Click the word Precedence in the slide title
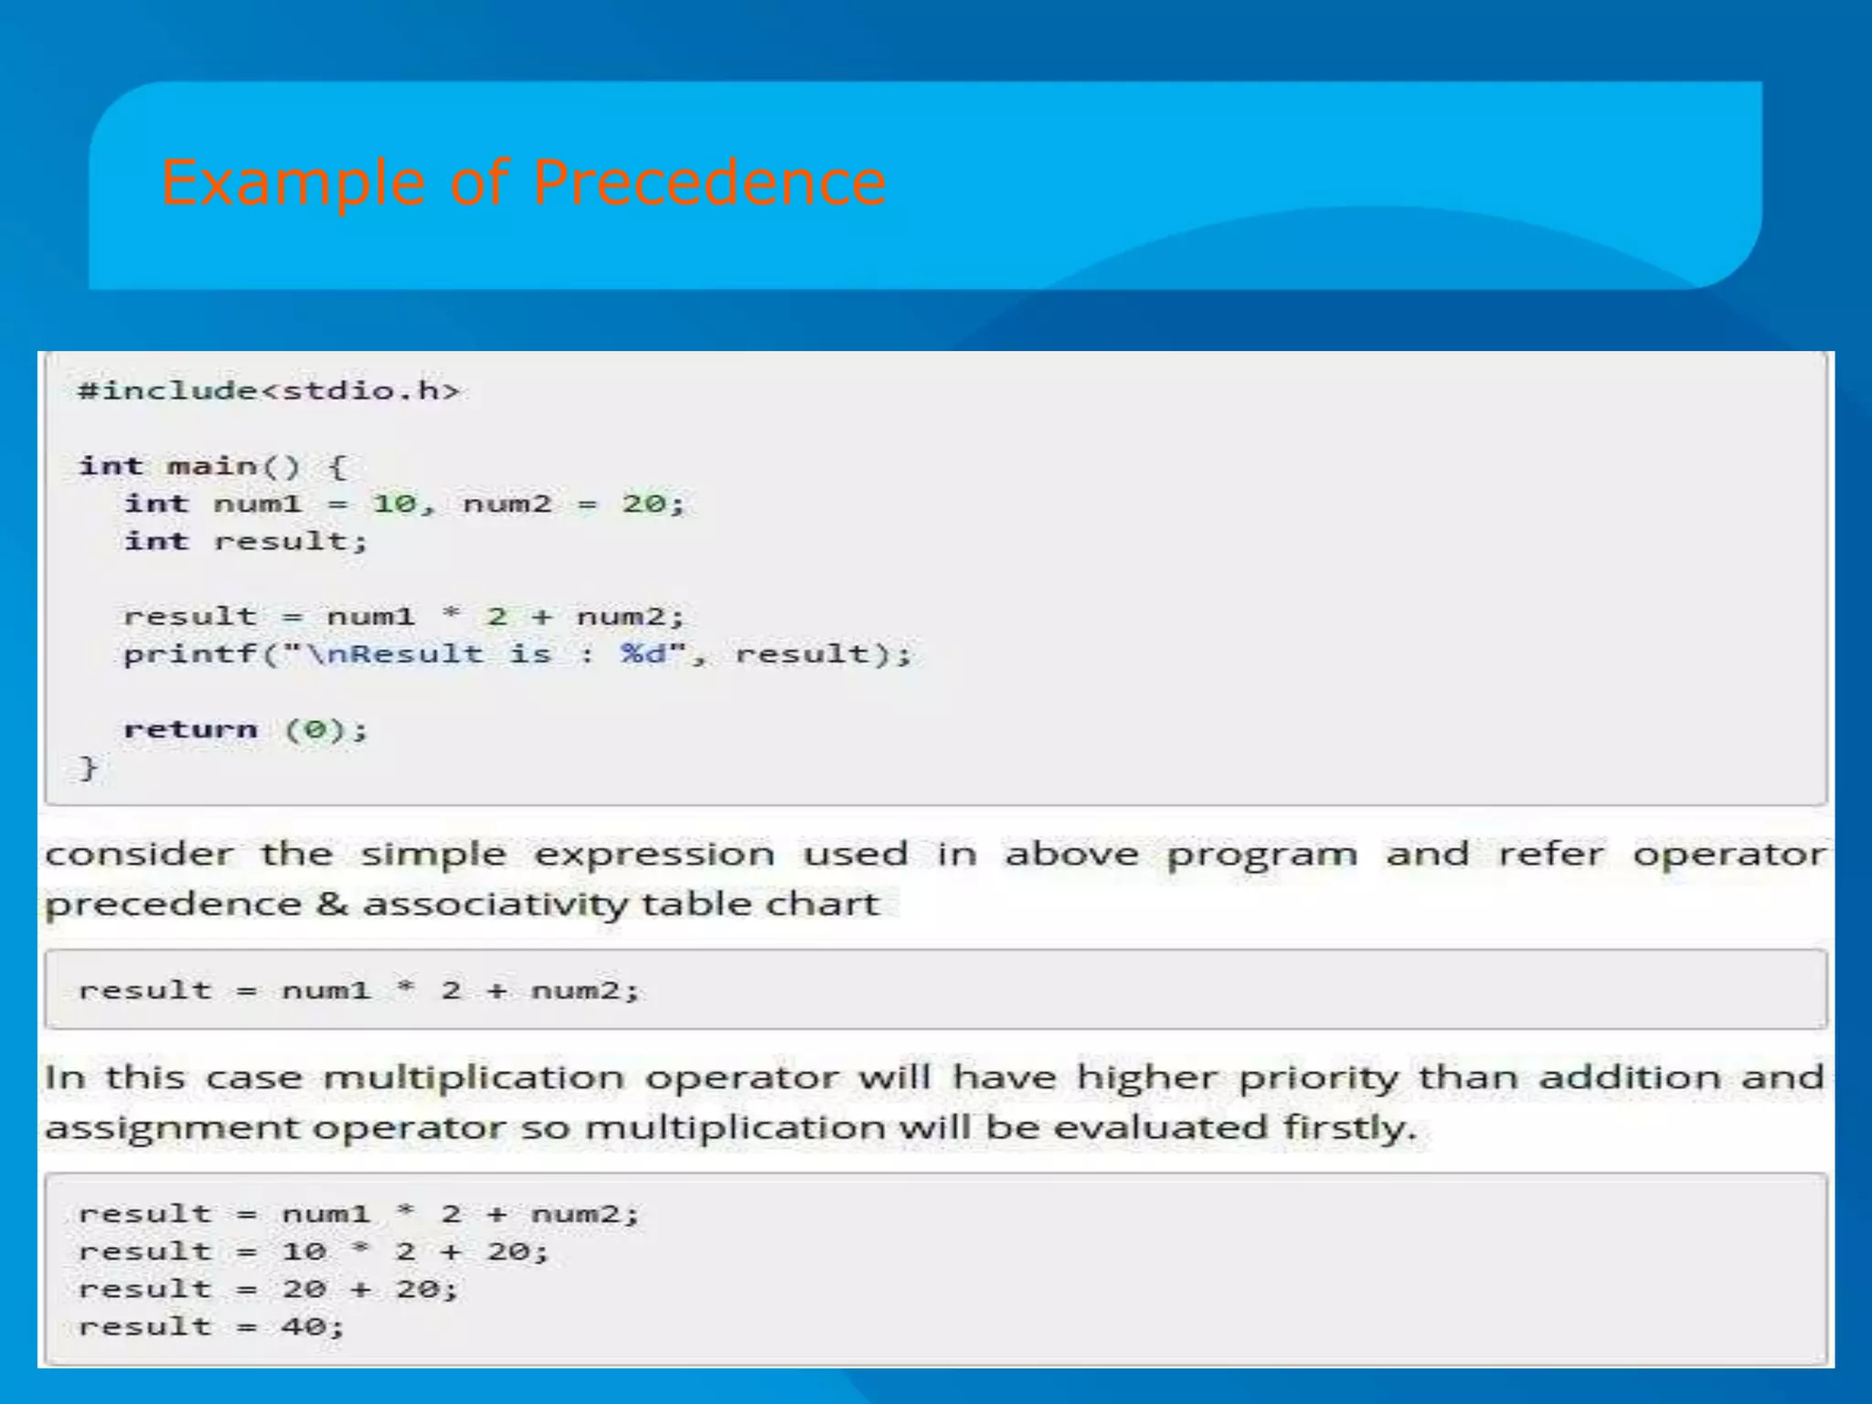pyautogui.click(x=708, y=182)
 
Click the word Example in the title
pyautogui.click(x=292, y=182)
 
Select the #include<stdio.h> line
pyautogui.click(x=269, y=391)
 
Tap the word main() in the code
pyautogui.click(x=234, y=466)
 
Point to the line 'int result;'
pyautogui.click(x=246, y=541)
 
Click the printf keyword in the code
pyautogui.click(x=190, y=654)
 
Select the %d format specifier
pyautogui.click(x=644, y=654)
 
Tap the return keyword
pyautogui.click(x=190, y=729)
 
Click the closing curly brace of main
pyautogui.click(x=88, y=767)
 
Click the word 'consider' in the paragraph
pyautogui.click(x=139, y=855)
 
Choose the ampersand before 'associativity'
pyautogui.click(x=332, y=904)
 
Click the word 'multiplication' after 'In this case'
pyautogui.click(x=473, y=1078)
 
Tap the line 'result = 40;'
pyautogui.click(x=211, y=1326)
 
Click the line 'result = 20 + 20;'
pyautogui.click(x=268, y=1289)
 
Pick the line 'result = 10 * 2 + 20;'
pyautogui.click(x=313, y=1251)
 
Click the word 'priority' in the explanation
pyautogui.click(x=1318, y=1078)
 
